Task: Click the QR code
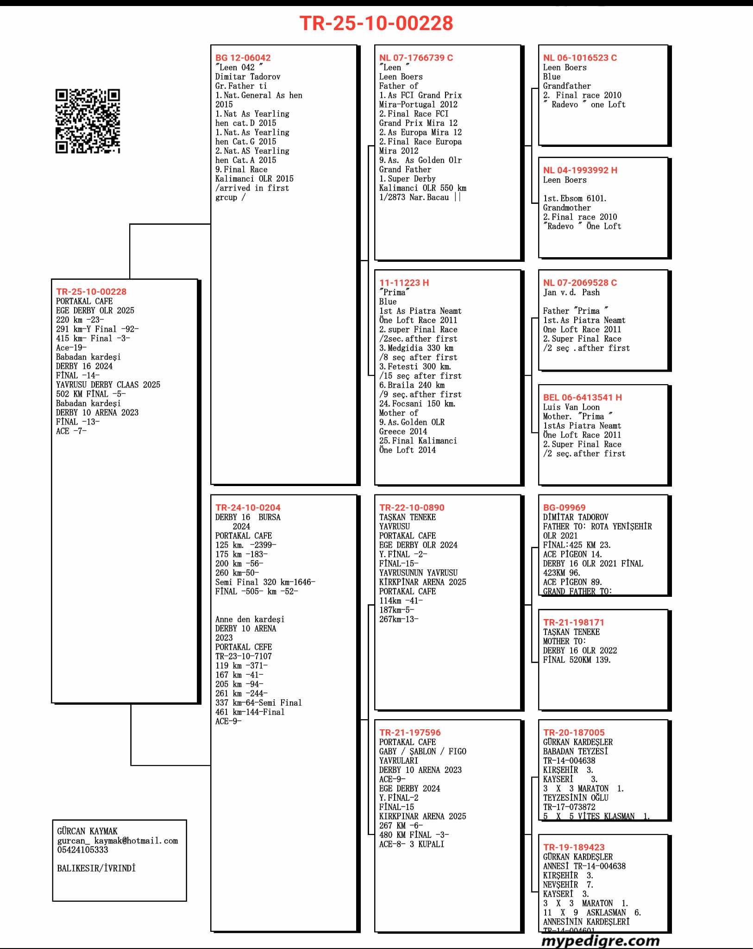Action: pyautogui.click(x=88, y=121)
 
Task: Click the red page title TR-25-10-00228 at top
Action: pyautogui.click(x=376, y=23)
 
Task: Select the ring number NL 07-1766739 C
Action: pyautogui.click(x=416, y=58)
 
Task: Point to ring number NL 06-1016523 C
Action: pyautogui.click(x=580, y=58)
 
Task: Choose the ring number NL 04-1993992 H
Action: pyautogui.click(x=580, y=170)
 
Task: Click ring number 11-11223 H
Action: pyautogui.click(x=404, y=283)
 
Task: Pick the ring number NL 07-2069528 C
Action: pyautogui.click(x=580, y=283)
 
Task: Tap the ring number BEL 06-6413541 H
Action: pyautogui.click(x=582, y=397)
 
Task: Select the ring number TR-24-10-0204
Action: pyautogui.click(x=248, y=507)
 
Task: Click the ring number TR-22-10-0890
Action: pyautogui.click(x=412, y=507)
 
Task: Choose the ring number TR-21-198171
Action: pyautogui.click(x=573, y=622)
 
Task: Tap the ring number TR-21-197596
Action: pyautogui.click(x=410, y=733)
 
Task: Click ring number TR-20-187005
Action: pyautogui.click(x=574, y=733)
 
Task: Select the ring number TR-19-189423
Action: pyautogui.click(x=574, y=847)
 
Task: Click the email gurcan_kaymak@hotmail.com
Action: pyautogui.click(x=118, y=841)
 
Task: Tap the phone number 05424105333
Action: pyautogui.click(x=82, y=850)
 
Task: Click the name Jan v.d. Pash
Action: pyautogui.click(x=571, y=292)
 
